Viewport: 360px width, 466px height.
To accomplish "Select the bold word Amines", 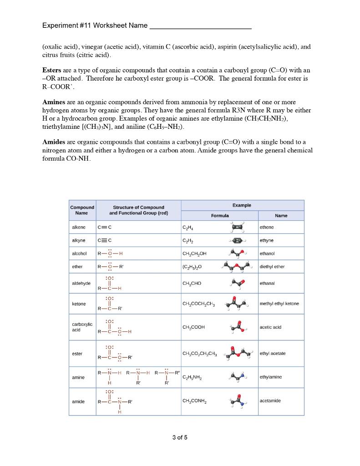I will [54, 102].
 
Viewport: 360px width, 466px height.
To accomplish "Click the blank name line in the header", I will [200, 25].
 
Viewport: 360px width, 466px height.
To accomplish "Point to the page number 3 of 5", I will [180, 438].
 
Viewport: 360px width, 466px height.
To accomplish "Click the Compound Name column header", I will [82, 210].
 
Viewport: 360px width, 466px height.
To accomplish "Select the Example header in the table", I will [242, 205].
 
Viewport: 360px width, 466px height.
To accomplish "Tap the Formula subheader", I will [219, 216].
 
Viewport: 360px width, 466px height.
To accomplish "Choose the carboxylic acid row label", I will [82, 327].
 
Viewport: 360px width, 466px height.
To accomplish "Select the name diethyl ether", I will [272, 267].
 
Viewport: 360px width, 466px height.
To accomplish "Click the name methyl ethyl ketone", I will [279, 304].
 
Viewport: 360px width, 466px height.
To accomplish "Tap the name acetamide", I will [270, 401].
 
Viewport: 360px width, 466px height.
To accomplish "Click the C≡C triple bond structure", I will [104, 240].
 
